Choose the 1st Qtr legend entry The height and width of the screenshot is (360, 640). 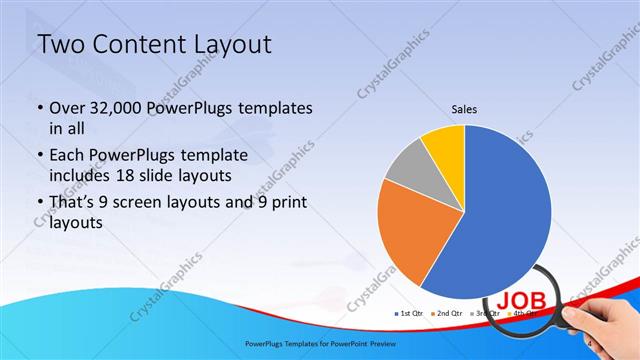coord(409,314)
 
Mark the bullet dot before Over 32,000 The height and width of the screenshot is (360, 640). coord(39,108)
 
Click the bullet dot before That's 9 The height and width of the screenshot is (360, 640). coord(39,205)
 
